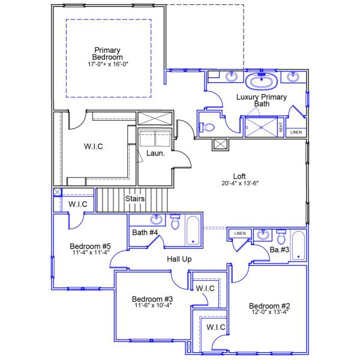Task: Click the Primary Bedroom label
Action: [107, 53]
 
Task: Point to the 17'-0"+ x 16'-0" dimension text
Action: [108, 63]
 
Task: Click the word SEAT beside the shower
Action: [281, 127]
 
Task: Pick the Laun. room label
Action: [155, 154]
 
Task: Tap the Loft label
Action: [240, 176]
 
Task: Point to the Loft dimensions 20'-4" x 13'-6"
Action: [240, 184]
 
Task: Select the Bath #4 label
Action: [145, 232]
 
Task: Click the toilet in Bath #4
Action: [176, 223]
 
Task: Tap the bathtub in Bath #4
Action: [194, 230]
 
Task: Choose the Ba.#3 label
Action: [279, 250]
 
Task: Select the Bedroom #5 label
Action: [91, 246]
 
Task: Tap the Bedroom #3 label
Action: [152, 299]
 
